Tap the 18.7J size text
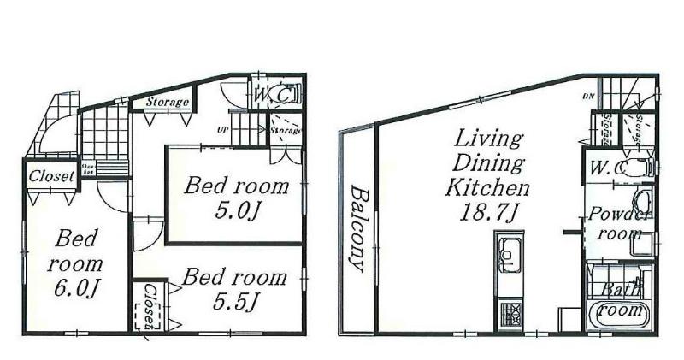tap(491, 210)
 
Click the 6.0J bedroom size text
tap(75, 287)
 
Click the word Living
tap(488, 138)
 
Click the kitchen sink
tap(508, 255)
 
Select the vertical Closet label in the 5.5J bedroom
tap(150, 307)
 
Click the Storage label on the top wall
tap(166, 103)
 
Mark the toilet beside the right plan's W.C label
tap(637, 168)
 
